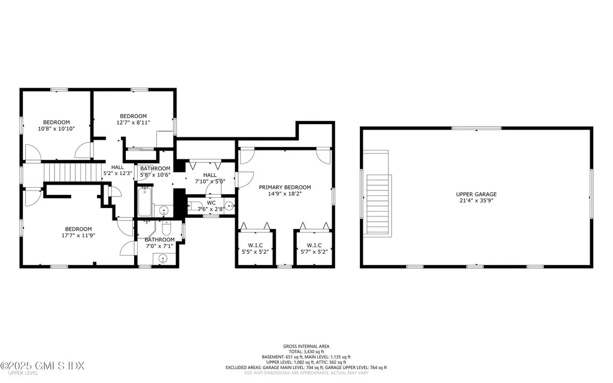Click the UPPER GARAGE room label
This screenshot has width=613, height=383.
click(x=477, y=194)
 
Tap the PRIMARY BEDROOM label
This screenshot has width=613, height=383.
click(x=285, y=187)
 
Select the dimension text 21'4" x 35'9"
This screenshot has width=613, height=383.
click(x=477, y=201)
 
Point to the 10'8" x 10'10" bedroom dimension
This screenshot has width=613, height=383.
click(x=56, y=128)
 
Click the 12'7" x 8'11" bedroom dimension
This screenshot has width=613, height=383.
click(x=133, y=122)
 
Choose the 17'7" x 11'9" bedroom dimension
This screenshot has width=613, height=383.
click(x=78, y=235)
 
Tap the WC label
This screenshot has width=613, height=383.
click(x=211, y=203)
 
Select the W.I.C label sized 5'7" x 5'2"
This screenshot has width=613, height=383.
click(x=314, y=245)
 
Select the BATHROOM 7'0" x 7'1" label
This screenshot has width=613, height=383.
click(x=159, y=239)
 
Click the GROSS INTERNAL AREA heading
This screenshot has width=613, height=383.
click(x=306, y=346)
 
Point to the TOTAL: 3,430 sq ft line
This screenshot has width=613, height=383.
click(x=306, y=351)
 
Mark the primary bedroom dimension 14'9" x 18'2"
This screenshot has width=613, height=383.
click(x=285, y=194)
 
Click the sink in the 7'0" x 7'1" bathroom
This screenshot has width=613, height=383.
click(x=163, y=258)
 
